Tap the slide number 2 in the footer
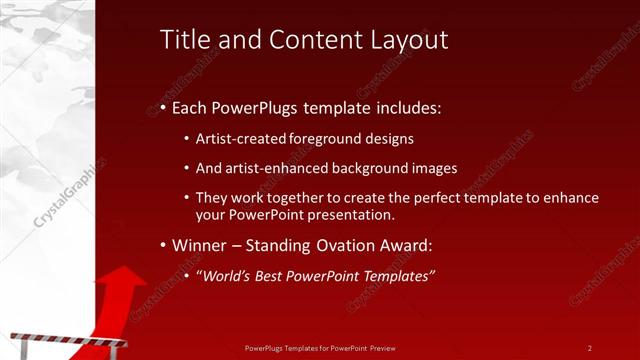click(x=589, y=348)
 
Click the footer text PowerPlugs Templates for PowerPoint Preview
click(x=320, y=348)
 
